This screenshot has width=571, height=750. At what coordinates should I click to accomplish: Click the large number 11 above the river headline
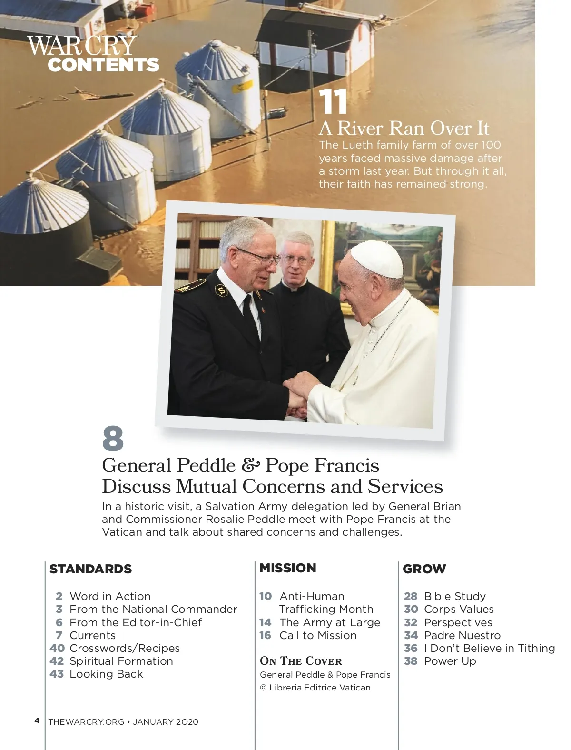[333, 102]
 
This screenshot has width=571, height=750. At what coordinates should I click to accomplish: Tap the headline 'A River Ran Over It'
[404, 128]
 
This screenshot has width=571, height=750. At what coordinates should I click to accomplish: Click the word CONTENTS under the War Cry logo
[103, 65]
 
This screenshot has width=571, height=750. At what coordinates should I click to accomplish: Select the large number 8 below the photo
[113, 439]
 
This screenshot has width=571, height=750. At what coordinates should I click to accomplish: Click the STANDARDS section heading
[90, 569]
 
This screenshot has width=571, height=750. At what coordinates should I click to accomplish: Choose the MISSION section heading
[287, 568]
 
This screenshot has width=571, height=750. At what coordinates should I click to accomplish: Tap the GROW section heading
[424, 569]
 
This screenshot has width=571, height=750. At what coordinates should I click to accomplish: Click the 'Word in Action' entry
[110, 596]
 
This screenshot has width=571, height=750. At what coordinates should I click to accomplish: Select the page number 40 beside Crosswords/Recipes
[57, 648]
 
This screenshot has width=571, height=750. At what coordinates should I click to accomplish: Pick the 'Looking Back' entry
[106, 674]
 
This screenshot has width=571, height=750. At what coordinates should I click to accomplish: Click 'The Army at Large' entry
[330, 622]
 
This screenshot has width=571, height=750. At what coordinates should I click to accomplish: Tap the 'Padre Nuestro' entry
[462, 635]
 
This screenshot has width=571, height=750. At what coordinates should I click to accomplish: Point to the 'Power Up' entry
[450, 661]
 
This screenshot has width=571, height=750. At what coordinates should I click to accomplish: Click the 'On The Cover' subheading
[301, 661]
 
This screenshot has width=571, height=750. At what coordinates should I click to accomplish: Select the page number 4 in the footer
[37, 720]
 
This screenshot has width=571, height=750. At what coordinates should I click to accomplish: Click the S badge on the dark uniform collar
[221, 290]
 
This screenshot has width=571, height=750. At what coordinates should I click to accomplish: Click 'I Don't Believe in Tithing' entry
[489, 648]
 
